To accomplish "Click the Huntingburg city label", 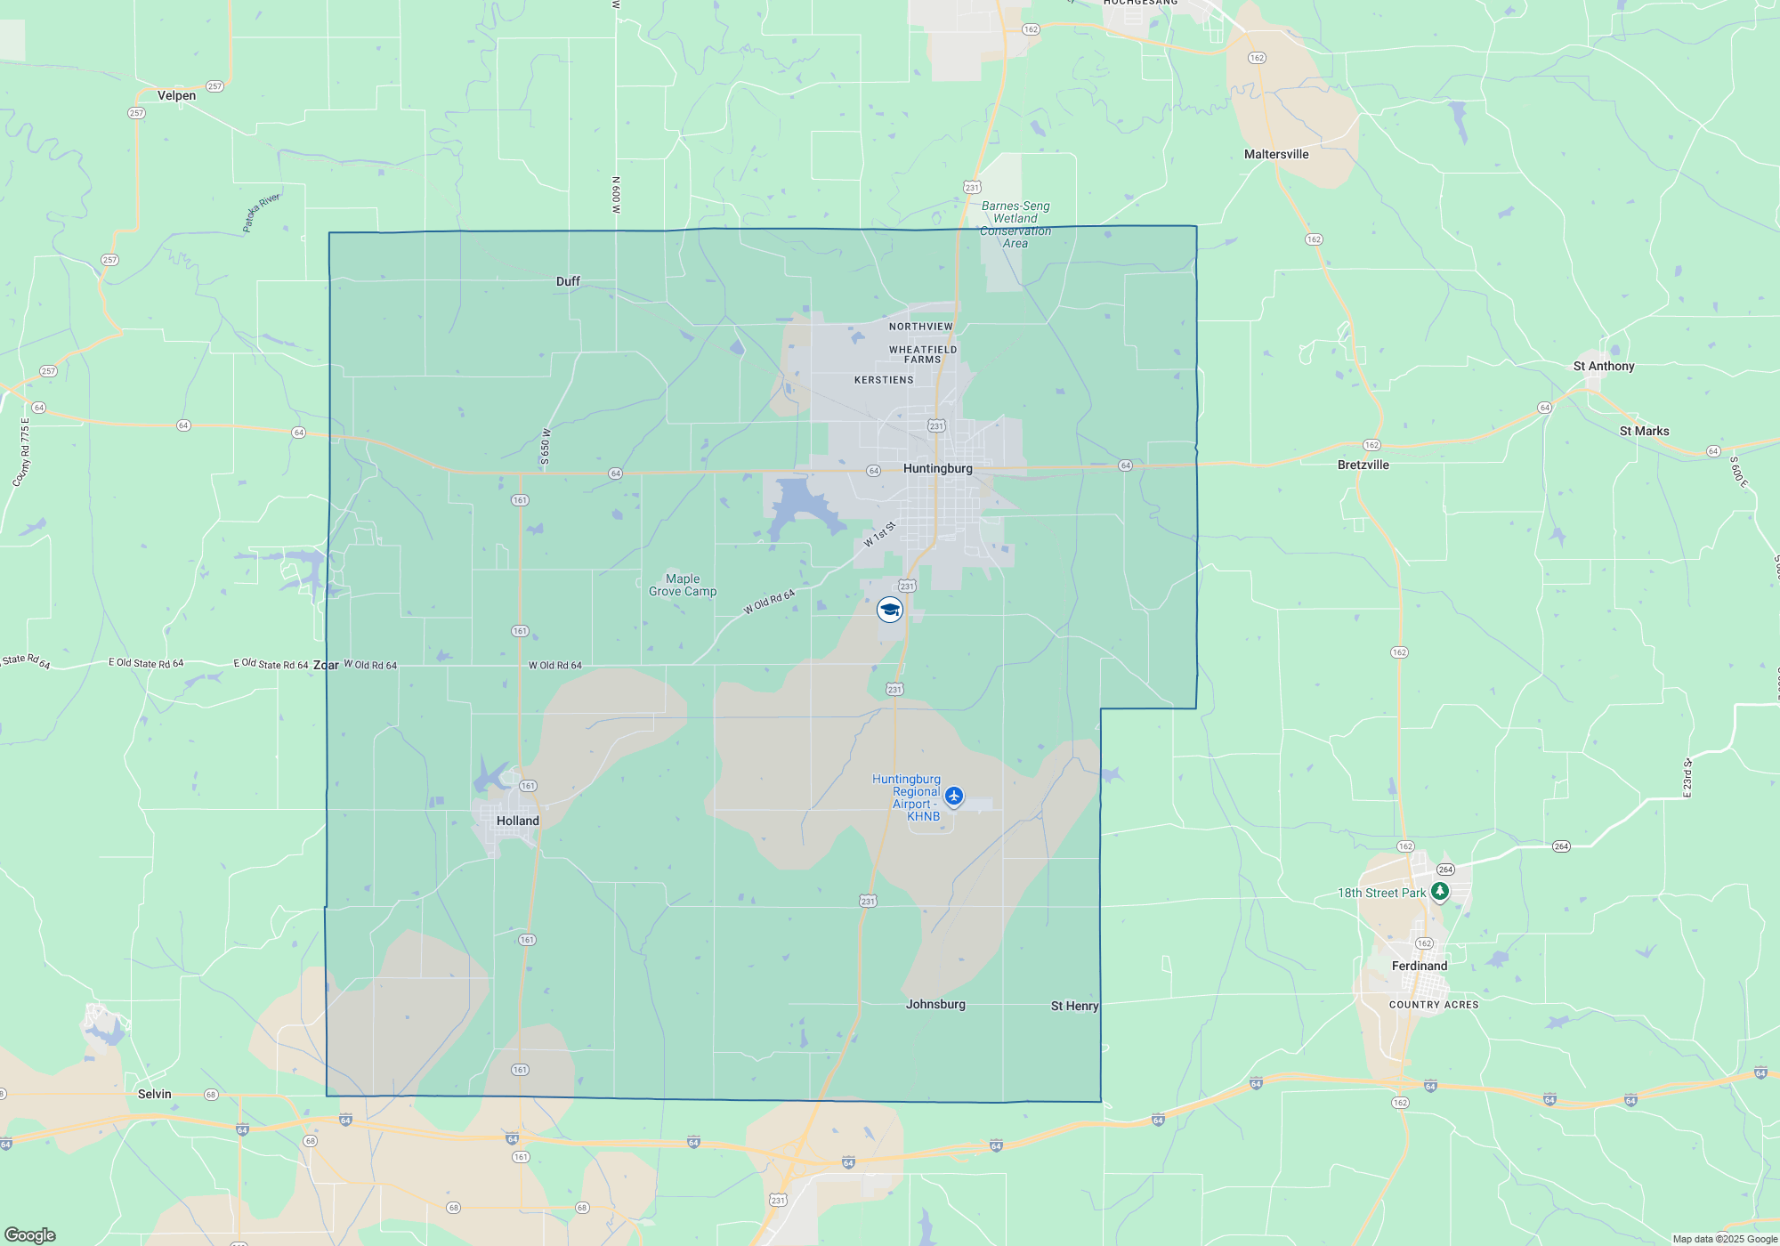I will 937,468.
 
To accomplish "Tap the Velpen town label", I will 176,95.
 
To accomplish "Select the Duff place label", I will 568,281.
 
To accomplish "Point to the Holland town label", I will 517,821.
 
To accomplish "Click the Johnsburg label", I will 935,1004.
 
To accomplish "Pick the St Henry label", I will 1074,1006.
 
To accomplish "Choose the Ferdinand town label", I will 1420,966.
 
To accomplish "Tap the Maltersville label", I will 1276,154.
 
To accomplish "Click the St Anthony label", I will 1604,366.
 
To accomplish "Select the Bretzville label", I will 1363,465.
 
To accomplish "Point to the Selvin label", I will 154,1094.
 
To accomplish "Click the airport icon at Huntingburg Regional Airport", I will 954,795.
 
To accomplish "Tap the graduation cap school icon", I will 889,610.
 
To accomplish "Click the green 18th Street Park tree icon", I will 1439,891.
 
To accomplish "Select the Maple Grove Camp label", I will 683,585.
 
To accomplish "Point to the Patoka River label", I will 261,212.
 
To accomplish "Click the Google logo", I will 30,1234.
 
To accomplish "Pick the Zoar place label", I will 326,665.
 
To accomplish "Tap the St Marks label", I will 1644,431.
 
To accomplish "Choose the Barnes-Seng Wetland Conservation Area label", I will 1015,224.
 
